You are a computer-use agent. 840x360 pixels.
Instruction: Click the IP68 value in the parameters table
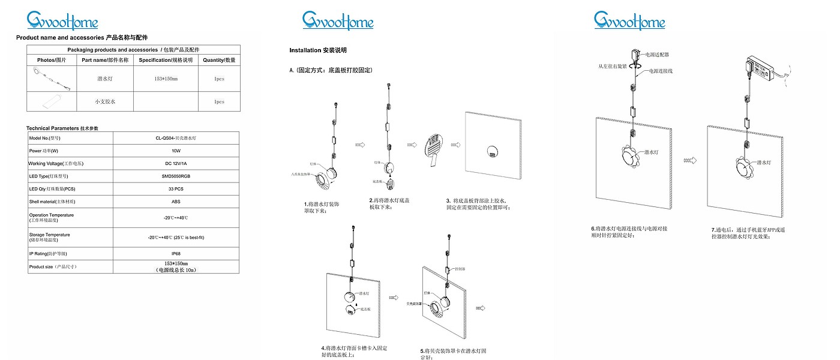pyautogui.click(x=176, y=254)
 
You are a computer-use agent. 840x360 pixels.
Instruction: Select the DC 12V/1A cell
pyautogui.click(x=176, y=163)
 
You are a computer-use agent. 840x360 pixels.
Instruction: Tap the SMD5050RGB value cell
pyautogui.click(x=176, y=176)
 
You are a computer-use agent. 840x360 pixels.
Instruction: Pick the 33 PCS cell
pyautogui.click(x=176, y=189)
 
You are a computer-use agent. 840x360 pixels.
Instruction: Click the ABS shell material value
pyautogui.click(x=176, y=202)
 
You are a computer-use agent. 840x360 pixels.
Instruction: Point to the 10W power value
pyautogui.click(x=176, y=151)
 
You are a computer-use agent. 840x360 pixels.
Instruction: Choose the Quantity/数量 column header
pyautogui.click(x=219, y=60)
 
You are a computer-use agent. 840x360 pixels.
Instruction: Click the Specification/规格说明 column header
pyautogui.click(x=166, y=60)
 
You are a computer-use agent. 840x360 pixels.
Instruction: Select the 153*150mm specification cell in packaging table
pyautogui.click(x=166, y=79)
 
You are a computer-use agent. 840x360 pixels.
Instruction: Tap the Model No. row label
pyautogui.click(x=43, y=138)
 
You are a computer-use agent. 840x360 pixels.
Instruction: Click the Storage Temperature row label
pyautogui.click(x=49, y=237)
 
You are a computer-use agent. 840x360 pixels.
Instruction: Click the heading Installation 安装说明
pyautogui.click(x=318, y=50)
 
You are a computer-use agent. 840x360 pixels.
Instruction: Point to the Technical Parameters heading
pyautogui.click(x=62, y=128)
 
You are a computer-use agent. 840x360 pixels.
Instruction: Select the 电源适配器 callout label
pyautogui.click(x=658, y=55)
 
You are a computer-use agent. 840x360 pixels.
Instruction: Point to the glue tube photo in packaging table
pyautogui.click(x=52, y=102)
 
